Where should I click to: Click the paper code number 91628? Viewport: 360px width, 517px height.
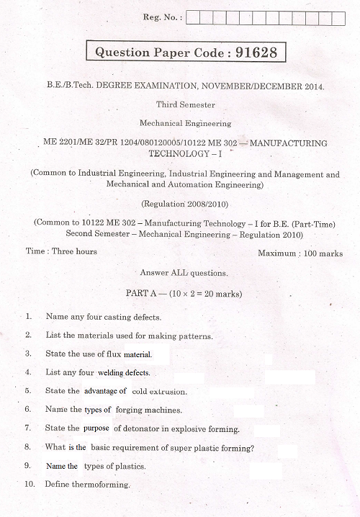(246, 53)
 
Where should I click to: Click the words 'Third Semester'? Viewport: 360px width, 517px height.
(185, 105)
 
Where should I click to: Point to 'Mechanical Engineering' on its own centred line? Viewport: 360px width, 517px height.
(185, 124)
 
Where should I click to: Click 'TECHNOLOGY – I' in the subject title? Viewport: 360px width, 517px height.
(184, 153)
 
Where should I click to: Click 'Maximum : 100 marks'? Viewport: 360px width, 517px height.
(300, 253)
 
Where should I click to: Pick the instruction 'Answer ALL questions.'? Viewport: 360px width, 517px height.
(184, 274)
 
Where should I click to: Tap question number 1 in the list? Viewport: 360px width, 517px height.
(28, 317)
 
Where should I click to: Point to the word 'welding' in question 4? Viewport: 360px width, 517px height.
(112, 373)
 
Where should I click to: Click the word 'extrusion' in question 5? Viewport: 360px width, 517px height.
(168, 392)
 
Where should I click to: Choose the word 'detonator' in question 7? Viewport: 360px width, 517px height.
(136, 428)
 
